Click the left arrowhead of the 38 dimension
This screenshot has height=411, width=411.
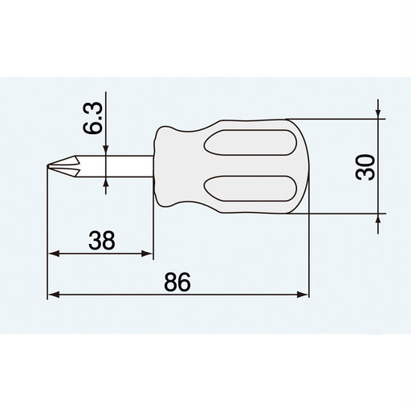point(54,254)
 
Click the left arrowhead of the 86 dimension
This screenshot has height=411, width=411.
point(54,295)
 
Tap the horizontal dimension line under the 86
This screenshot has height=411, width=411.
point(178,295)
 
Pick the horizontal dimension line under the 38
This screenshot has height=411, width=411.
point(101,254)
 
